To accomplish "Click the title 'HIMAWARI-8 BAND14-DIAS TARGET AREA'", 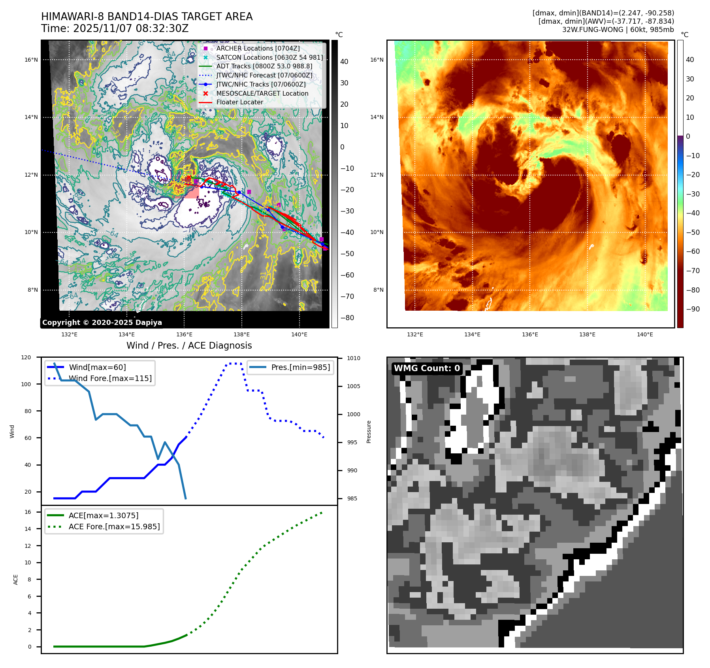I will point(147,17).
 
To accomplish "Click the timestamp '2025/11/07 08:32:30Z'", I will point(131,28).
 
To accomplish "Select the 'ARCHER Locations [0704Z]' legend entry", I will point(258,48).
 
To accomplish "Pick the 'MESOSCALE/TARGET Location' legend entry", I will point(262,93).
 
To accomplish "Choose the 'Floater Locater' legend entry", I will point(239,102).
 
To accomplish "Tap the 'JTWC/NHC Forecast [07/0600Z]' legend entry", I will point(264,75).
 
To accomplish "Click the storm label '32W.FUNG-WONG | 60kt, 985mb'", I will point(618,30).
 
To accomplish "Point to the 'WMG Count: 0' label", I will point(427,368).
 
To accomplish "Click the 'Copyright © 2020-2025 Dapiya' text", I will point(102,323).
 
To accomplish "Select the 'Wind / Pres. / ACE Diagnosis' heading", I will point(189,345).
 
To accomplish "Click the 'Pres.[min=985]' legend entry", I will point(300,367).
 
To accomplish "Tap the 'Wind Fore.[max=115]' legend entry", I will point(110,378).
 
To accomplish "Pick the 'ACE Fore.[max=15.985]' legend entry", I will point(114,526).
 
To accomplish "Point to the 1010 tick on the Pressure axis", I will point(354,358).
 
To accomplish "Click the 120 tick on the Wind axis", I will point(26,357).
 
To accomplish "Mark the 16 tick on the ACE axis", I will point(28,512).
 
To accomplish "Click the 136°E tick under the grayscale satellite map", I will point(184,334).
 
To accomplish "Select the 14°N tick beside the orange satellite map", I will point(377,117).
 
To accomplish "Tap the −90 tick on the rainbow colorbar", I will point(693,309).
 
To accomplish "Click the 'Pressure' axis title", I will point(369,432).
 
